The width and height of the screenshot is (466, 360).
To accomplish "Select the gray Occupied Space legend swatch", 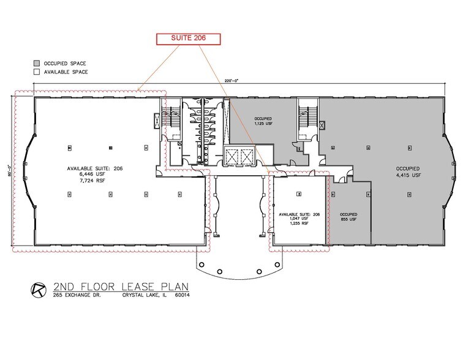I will [37, 63].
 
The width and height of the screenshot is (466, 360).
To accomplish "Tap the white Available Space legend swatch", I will [37, 72].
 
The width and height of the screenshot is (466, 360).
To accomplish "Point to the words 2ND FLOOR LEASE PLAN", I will [120, 286].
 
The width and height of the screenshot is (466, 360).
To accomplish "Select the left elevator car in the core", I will [232, 154].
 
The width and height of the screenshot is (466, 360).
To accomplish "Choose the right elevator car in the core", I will [246, 154].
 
